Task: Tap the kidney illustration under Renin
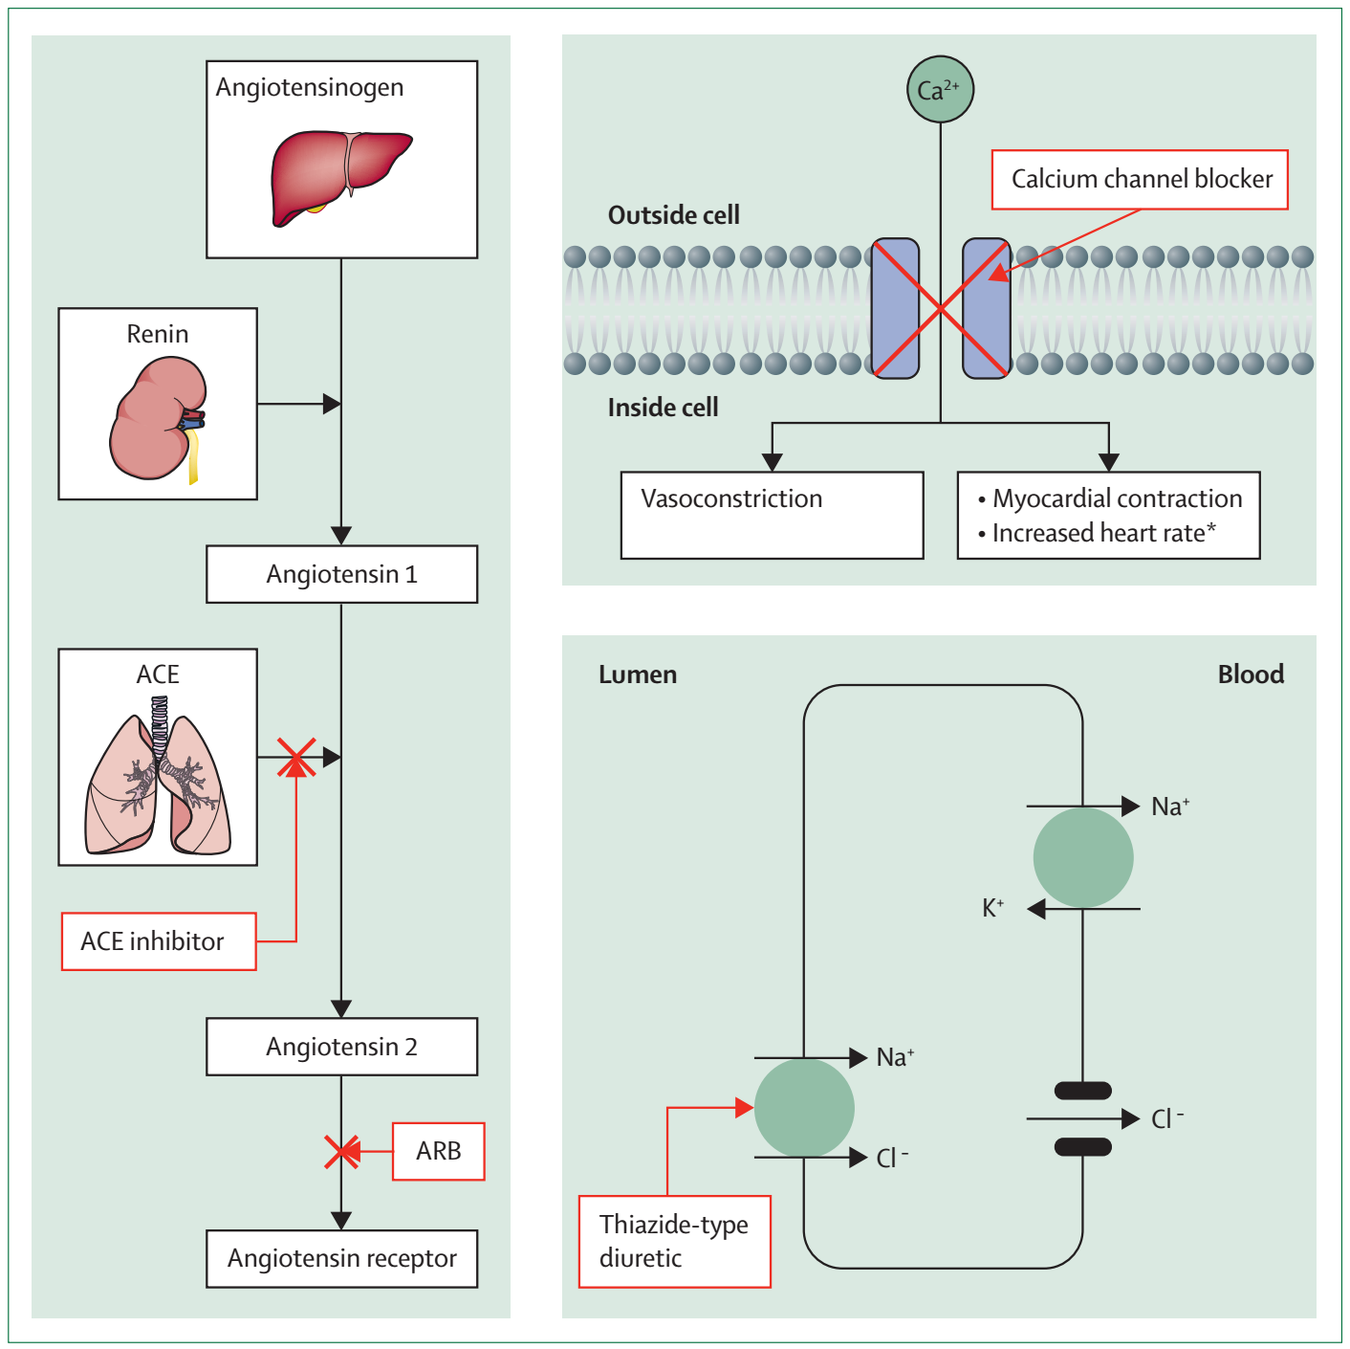[x=156, y=419]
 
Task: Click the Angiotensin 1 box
[x=341, y=574]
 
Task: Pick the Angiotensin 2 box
[x=341, y=1047]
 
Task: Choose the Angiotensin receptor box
[x=341, y=1259]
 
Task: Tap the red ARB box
[x=438, y=1151]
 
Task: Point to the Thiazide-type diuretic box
[x=674, y=1241]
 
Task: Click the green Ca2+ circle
[x=940, y=90]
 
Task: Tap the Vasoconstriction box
[x=772, y=515]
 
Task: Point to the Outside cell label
[x=674, y=215]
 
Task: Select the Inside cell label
[x=663, y=408]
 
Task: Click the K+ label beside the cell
[x=993, y=908]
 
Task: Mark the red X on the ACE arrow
[x=296, y=757]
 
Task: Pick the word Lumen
[x=638, y=674]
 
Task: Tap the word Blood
[x=1251, y=674]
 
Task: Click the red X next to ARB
[x=341, y=1152]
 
